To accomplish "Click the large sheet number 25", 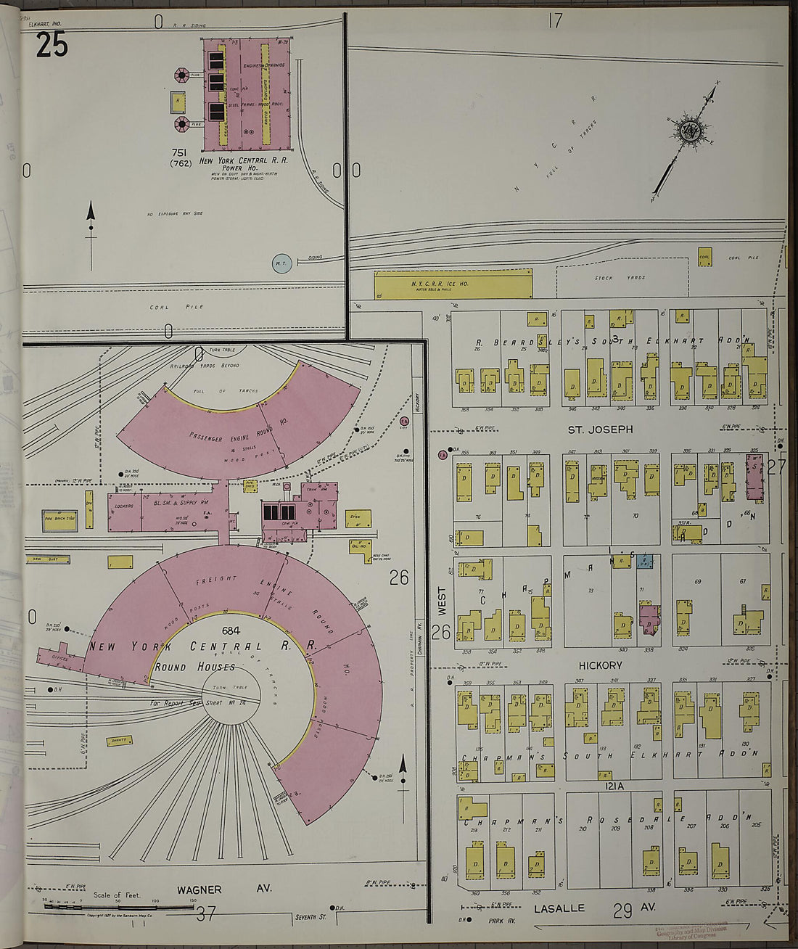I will pyautogui.click(x=52, y=45).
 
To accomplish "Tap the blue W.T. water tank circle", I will pyautogui.click(x=281, y=264).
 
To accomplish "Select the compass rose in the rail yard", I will pyautogui.click(x=688, y=130).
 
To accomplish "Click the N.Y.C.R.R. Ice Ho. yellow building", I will pyautogui.click(x=453, y=284).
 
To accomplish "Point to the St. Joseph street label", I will pyautogui.click(x=600, y=430).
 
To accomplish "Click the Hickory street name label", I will pyautogui.click(x=600, y=665).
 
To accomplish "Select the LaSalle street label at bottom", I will pyautogui.click(x=559, y=908).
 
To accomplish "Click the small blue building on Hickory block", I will pyautogui.click(x=645, y=561).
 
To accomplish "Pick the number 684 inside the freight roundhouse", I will pyautogui.click(x=231, y=630).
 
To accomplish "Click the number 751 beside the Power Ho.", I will pyautogui.click(x=181, y=152).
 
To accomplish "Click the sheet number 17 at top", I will pyautogui.click(x=555, y=20).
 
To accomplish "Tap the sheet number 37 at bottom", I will pyautogui.click(x=206, y=913).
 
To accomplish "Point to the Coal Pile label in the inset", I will pyautogui.click(x=166, y=307).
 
